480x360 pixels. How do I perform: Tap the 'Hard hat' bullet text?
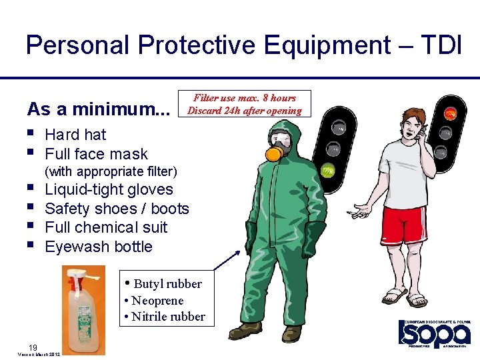pos(75,135)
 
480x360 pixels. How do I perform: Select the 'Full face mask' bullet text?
pos(96,155)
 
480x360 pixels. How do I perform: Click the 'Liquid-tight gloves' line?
pos(109,189)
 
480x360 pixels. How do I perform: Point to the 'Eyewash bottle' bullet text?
pos(99,247)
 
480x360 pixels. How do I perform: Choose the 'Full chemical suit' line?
pos(106,227)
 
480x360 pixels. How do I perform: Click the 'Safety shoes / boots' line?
pos(117,209)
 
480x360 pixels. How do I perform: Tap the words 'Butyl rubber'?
pos(167,284)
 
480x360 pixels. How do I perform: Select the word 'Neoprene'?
pos(157,301)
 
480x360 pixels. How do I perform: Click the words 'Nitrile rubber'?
pos(168,317)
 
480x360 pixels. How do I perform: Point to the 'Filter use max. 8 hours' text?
pos(245,98)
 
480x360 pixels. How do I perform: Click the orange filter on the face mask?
pos(273,154)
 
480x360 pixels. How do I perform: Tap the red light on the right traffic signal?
pos(451,113)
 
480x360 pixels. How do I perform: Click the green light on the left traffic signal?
pos(328,171)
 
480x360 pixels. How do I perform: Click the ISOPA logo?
pos(434,333)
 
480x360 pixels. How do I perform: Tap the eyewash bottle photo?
pos(83,309)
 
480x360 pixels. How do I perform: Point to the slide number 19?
pos(32,346)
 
